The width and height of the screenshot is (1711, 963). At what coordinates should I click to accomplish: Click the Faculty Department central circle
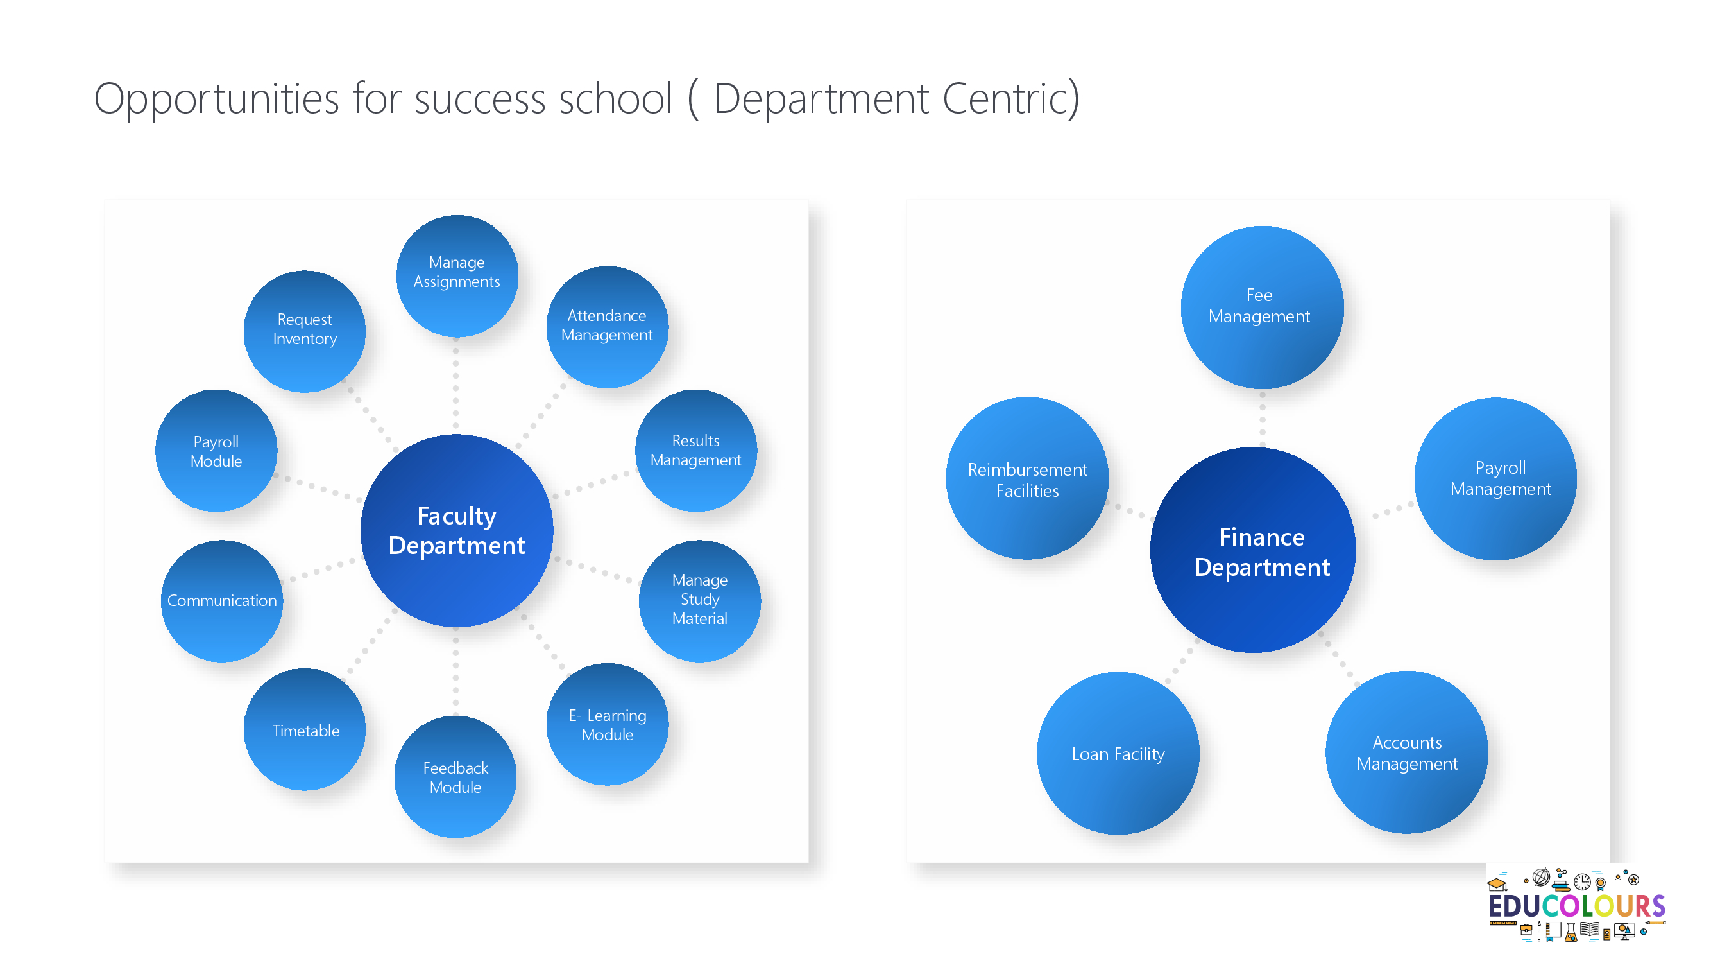click(x=457, y=530)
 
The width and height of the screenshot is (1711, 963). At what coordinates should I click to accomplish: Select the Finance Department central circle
click(x=1254, y=550)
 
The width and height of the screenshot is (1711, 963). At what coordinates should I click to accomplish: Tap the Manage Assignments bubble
click(x=457, y=275)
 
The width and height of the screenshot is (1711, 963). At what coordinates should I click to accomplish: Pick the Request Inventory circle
click(x=305, y=331)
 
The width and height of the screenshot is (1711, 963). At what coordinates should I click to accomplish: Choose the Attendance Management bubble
click(x=607, y=326)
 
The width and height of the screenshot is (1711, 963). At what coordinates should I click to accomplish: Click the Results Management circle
click(x=696, y=450)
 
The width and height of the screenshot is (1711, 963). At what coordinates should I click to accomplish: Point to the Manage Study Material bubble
click(x=700, y=601)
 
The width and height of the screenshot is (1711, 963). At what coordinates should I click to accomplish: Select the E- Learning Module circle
click(x=607, y=724)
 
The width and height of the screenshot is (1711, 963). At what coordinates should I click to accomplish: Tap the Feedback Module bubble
click(x=455, y=776)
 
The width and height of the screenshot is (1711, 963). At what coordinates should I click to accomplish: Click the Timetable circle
click(x=305, y=729)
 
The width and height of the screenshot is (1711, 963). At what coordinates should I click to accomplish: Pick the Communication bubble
click(x=222, y=601)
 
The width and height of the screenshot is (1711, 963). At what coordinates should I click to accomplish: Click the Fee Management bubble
click(x=1262, y=307)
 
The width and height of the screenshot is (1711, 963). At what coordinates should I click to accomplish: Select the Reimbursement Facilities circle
click(x=1028, y=478)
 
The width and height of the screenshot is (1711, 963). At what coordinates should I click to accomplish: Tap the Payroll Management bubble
click(x=1496, y=478)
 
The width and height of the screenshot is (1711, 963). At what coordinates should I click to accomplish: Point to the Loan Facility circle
click(x=1118, y=753)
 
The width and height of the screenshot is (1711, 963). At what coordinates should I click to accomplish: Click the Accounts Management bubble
click(x=1407, y=752)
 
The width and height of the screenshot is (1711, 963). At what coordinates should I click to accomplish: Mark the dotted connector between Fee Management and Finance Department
click(x=1263, y=419)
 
